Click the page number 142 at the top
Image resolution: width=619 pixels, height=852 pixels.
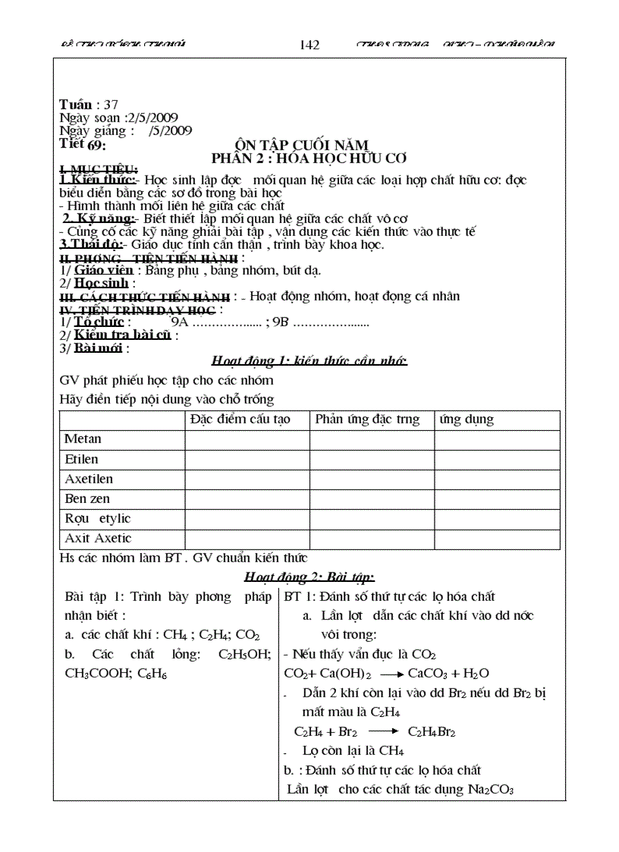click(309, 45)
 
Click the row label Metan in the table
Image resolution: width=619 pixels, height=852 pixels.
click(83, 439)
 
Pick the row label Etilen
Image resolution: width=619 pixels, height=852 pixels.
click(81, 459)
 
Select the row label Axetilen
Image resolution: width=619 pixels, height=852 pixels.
click(89, 479)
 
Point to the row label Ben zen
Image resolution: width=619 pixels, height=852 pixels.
click(87, 499)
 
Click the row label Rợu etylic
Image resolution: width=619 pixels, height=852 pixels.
click(98, 519)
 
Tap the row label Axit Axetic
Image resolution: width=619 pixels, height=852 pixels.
click(98, 539)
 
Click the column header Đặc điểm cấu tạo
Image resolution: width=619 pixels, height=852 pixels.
click(247, 420)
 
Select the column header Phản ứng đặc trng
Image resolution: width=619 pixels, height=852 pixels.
click(367, 420)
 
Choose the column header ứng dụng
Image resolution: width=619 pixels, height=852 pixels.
click(467, 420)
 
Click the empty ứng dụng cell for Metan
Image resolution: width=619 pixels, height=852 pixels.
click(497, 439)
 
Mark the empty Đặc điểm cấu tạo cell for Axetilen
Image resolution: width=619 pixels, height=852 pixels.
click(247, 479)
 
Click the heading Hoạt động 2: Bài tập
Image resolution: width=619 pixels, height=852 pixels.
click(309, 577)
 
